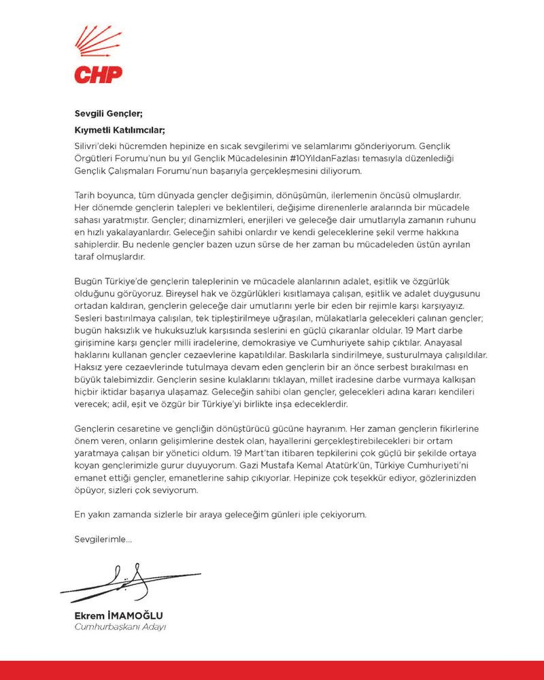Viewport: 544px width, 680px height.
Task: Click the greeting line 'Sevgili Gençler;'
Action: (x=109, y=114)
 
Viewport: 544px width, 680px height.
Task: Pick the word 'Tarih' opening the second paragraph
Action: (x=86, y=194)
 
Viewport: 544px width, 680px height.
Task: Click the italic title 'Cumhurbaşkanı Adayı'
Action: (x=120, y=627)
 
